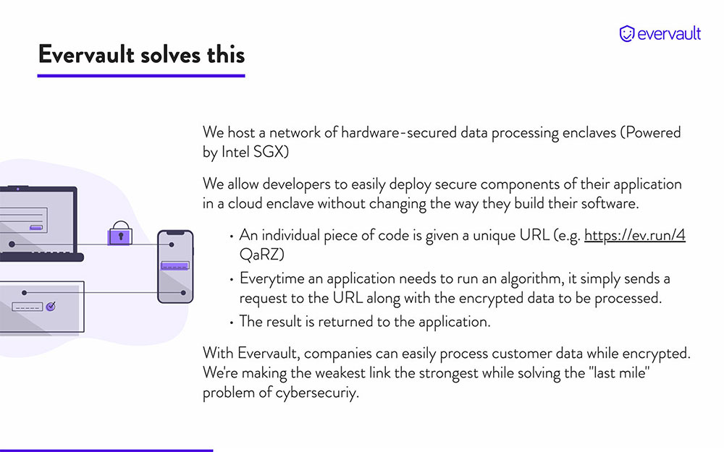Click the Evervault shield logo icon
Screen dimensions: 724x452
click(626, 34)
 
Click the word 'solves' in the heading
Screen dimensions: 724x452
click(170, 55)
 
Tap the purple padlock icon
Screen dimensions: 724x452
click(120, 234)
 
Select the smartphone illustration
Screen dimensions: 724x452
click(175, 267)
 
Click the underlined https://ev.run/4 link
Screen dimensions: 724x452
click(634, 235)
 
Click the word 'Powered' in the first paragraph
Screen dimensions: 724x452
click(651, 132)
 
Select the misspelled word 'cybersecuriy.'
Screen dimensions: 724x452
click(317, 393)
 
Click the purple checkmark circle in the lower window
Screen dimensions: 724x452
click(51, 306)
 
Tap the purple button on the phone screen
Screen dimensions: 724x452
click(174, 265)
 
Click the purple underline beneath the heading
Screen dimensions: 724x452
click(141, 76)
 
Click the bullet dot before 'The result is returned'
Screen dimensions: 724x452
click(232, 323)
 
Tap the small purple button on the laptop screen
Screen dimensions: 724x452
click(36, 227)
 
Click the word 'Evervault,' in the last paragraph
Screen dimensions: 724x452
click(269, 354)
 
